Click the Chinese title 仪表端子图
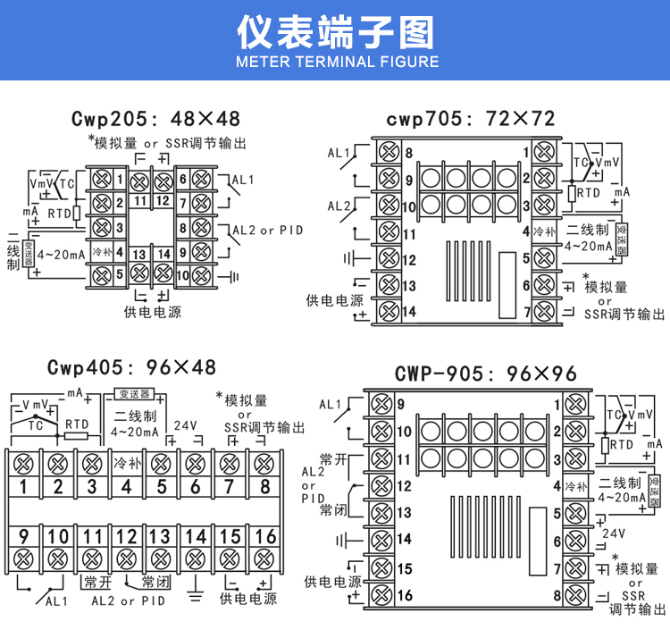[x=335, y=32]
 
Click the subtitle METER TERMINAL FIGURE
[x=335, y=62]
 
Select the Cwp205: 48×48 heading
[x=155, y=119]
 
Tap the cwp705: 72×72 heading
[x=471, y=119]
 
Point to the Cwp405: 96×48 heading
[x=131, y=367]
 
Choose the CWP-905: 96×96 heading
[x=486, y=374]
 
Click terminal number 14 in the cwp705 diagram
[x=409, y=313]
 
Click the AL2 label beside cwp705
[x=339, y=206]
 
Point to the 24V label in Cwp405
[x=186, y=425]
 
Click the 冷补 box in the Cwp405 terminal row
[x=126, y=464]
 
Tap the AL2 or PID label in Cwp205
[x=267, y=231]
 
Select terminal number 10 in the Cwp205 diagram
[x=182, y=275]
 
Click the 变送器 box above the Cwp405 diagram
[x=134, y=394]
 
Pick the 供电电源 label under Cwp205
[x=152, y=313]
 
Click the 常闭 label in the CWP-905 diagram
[x=334, y=510]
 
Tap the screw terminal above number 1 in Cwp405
[x=21, y=464]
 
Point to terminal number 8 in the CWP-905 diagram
[x=556, y=595]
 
